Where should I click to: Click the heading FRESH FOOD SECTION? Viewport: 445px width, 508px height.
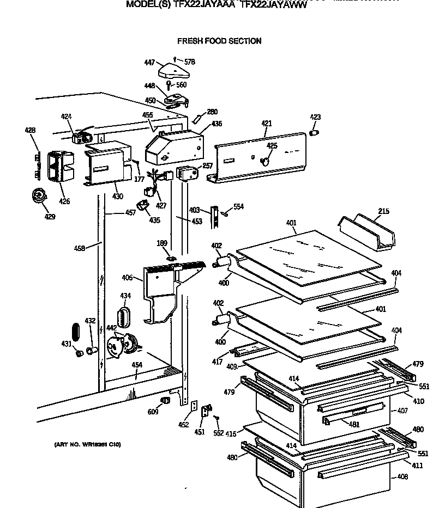pos(219,41)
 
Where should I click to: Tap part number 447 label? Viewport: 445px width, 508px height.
pos(149,63)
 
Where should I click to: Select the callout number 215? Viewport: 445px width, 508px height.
pos(383,211)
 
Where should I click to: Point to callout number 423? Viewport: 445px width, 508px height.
pos(315,118)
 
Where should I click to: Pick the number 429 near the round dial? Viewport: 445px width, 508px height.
pos(50,217)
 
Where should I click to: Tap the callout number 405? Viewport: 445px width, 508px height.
pos(127,278)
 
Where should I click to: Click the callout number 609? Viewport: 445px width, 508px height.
pos(153,412)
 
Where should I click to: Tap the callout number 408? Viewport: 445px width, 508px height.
pos(402,477)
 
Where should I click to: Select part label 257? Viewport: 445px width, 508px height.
pos(207,166)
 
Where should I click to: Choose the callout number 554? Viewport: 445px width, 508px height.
pos(238,207)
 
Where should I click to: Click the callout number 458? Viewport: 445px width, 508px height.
pos(80,248)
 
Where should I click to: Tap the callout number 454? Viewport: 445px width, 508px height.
pos(137,365)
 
